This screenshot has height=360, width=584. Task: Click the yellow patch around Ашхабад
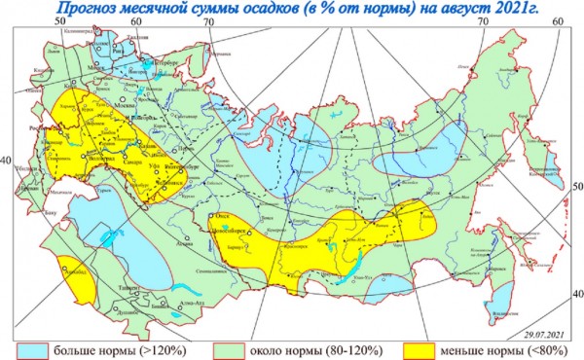tap(69, 268)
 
